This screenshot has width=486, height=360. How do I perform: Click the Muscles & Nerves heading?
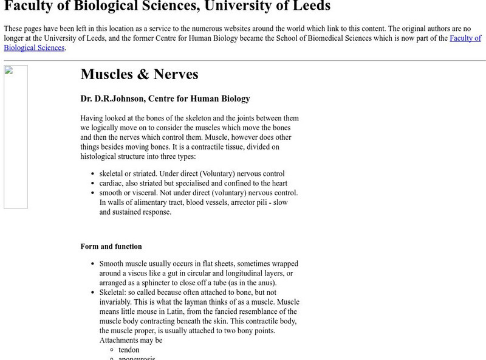[x=139, y=74]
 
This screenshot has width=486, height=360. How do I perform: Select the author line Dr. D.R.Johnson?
[x=165, y=99]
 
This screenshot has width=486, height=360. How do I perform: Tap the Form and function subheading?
[x=111, y=246]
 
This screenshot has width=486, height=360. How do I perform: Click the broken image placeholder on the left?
[x=16, y=137]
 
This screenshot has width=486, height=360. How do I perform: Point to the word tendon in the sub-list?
[x=129, y=350]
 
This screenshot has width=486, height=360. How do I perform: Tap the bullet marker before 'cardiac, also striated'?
[x=92, y=184]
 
